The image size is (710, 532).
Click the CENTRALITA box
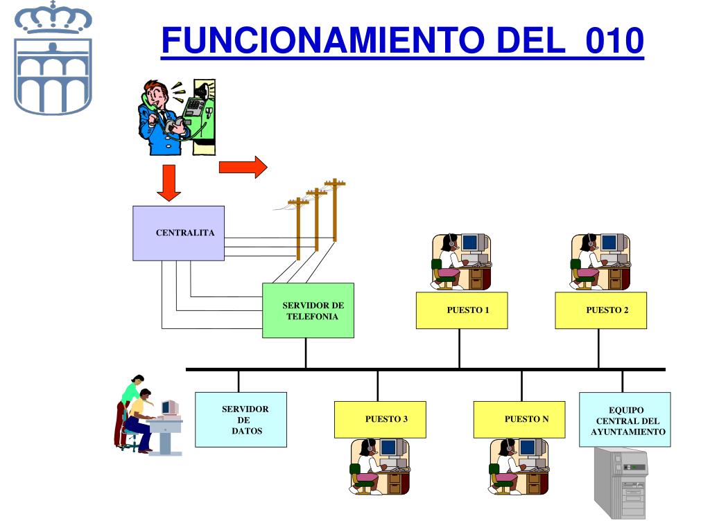178,233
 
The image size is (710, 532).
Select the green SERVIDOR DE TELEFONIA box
308,310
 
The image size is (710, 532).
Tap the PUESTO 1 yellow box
461,310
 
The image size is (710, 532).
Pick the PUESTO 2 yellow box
600,310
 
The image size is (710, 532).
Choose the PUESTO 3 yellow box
380,419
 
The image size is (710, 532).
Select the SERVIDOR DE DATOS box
241,420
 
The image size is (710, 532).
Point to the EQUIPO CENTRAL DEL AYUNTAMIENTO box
625,420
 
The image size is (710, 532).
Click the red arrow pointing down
168,182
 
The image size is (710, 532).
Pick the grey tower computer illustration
621,483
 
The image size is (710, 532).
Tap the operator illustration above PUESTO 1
460,261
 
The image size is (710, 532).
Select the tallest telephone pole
335,208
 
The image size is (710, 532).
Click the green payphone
201,114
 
